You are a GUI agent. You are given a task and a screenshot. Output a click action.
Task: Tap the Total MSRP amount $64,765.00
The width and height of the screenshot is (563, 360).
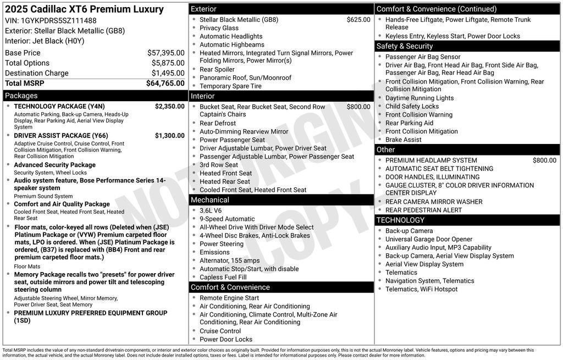165,84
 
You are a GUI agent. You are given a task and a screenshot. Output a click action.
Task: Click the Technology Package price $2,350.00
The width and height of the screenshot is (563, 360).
169,107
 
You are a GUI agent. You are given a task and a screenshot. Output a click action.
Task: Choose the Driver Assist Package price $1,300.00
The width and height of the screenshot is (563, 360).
169,136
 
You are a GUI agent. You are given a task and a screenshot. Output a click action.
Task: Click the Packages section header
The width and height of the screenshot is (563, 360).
21,96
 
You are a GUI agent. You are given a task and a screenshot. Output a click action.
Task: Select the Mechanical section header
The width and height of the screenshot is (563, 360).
210,200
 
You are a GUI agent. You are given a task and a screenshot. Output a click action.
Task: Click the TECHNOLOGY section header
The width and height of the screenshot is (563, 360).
401,220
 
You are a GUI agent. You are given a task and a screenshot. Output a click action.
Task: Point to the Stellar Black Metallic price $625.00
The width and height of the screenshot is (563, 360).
358,20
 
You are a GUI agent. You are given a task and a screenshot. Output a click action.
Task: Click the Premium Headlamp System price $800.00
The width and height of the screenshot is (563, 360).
544,160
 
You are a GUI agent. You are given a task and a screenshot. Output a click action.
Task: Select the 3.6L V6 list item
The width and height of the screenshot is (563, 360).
211,211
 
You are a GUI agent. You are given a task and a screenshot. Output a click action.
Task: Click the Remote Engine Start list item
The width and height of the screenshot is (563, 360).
229,298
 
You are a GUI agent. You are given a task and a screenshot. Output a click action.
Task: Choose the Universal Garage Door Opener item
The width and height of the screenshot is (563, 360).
429,239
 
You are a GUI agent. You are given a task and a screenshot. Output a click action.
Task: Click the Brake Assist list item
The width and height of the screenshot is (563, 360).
404,140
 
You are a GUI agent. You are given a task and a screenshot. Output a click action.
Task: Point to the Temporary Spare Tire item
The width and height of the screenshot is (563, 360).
230,86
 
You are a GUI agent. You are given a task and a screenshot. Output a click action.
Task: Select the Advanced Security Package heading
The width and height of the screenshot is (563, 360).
54,165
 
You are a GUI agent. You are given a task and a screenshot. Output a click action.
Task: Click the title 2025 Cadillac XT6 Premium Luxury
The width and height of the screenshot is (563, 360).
84,9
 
